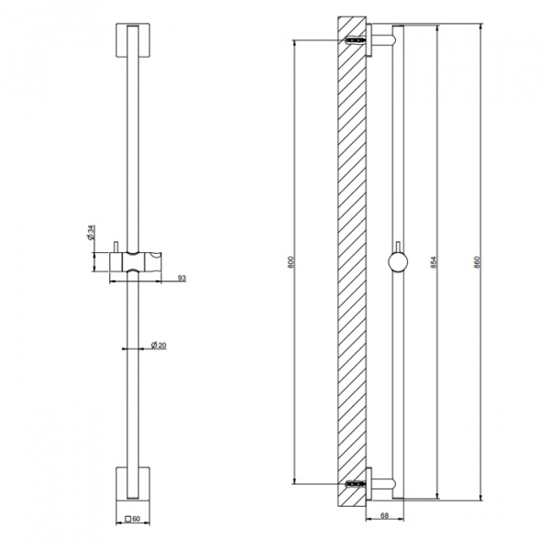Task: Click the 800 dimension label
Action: pyautogui.click(x=290, y=262)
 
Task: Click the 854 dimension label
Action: pyautogui.click(x=434, y=262)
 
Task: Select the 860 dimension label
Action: pyautogui.click(x=477, y=262)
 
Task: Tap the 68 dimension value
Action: pyautogui.click(x=384, y=515)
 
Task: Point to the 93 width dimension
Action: pyautogui.click(x=181, y=278)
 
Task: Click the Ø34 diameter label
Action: pyautogui.click(x=91, y=233)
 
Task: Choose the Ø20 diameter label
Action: pyautogui.click(x=159, y=346)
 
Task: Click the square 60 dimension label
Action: pyautogui.click(x=133, y=519)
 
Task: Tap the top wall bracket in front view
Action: pyautogui.click(x=133, y=40)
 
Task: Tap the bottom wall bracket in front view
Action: pyautogui.click(x=133, y=483)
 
